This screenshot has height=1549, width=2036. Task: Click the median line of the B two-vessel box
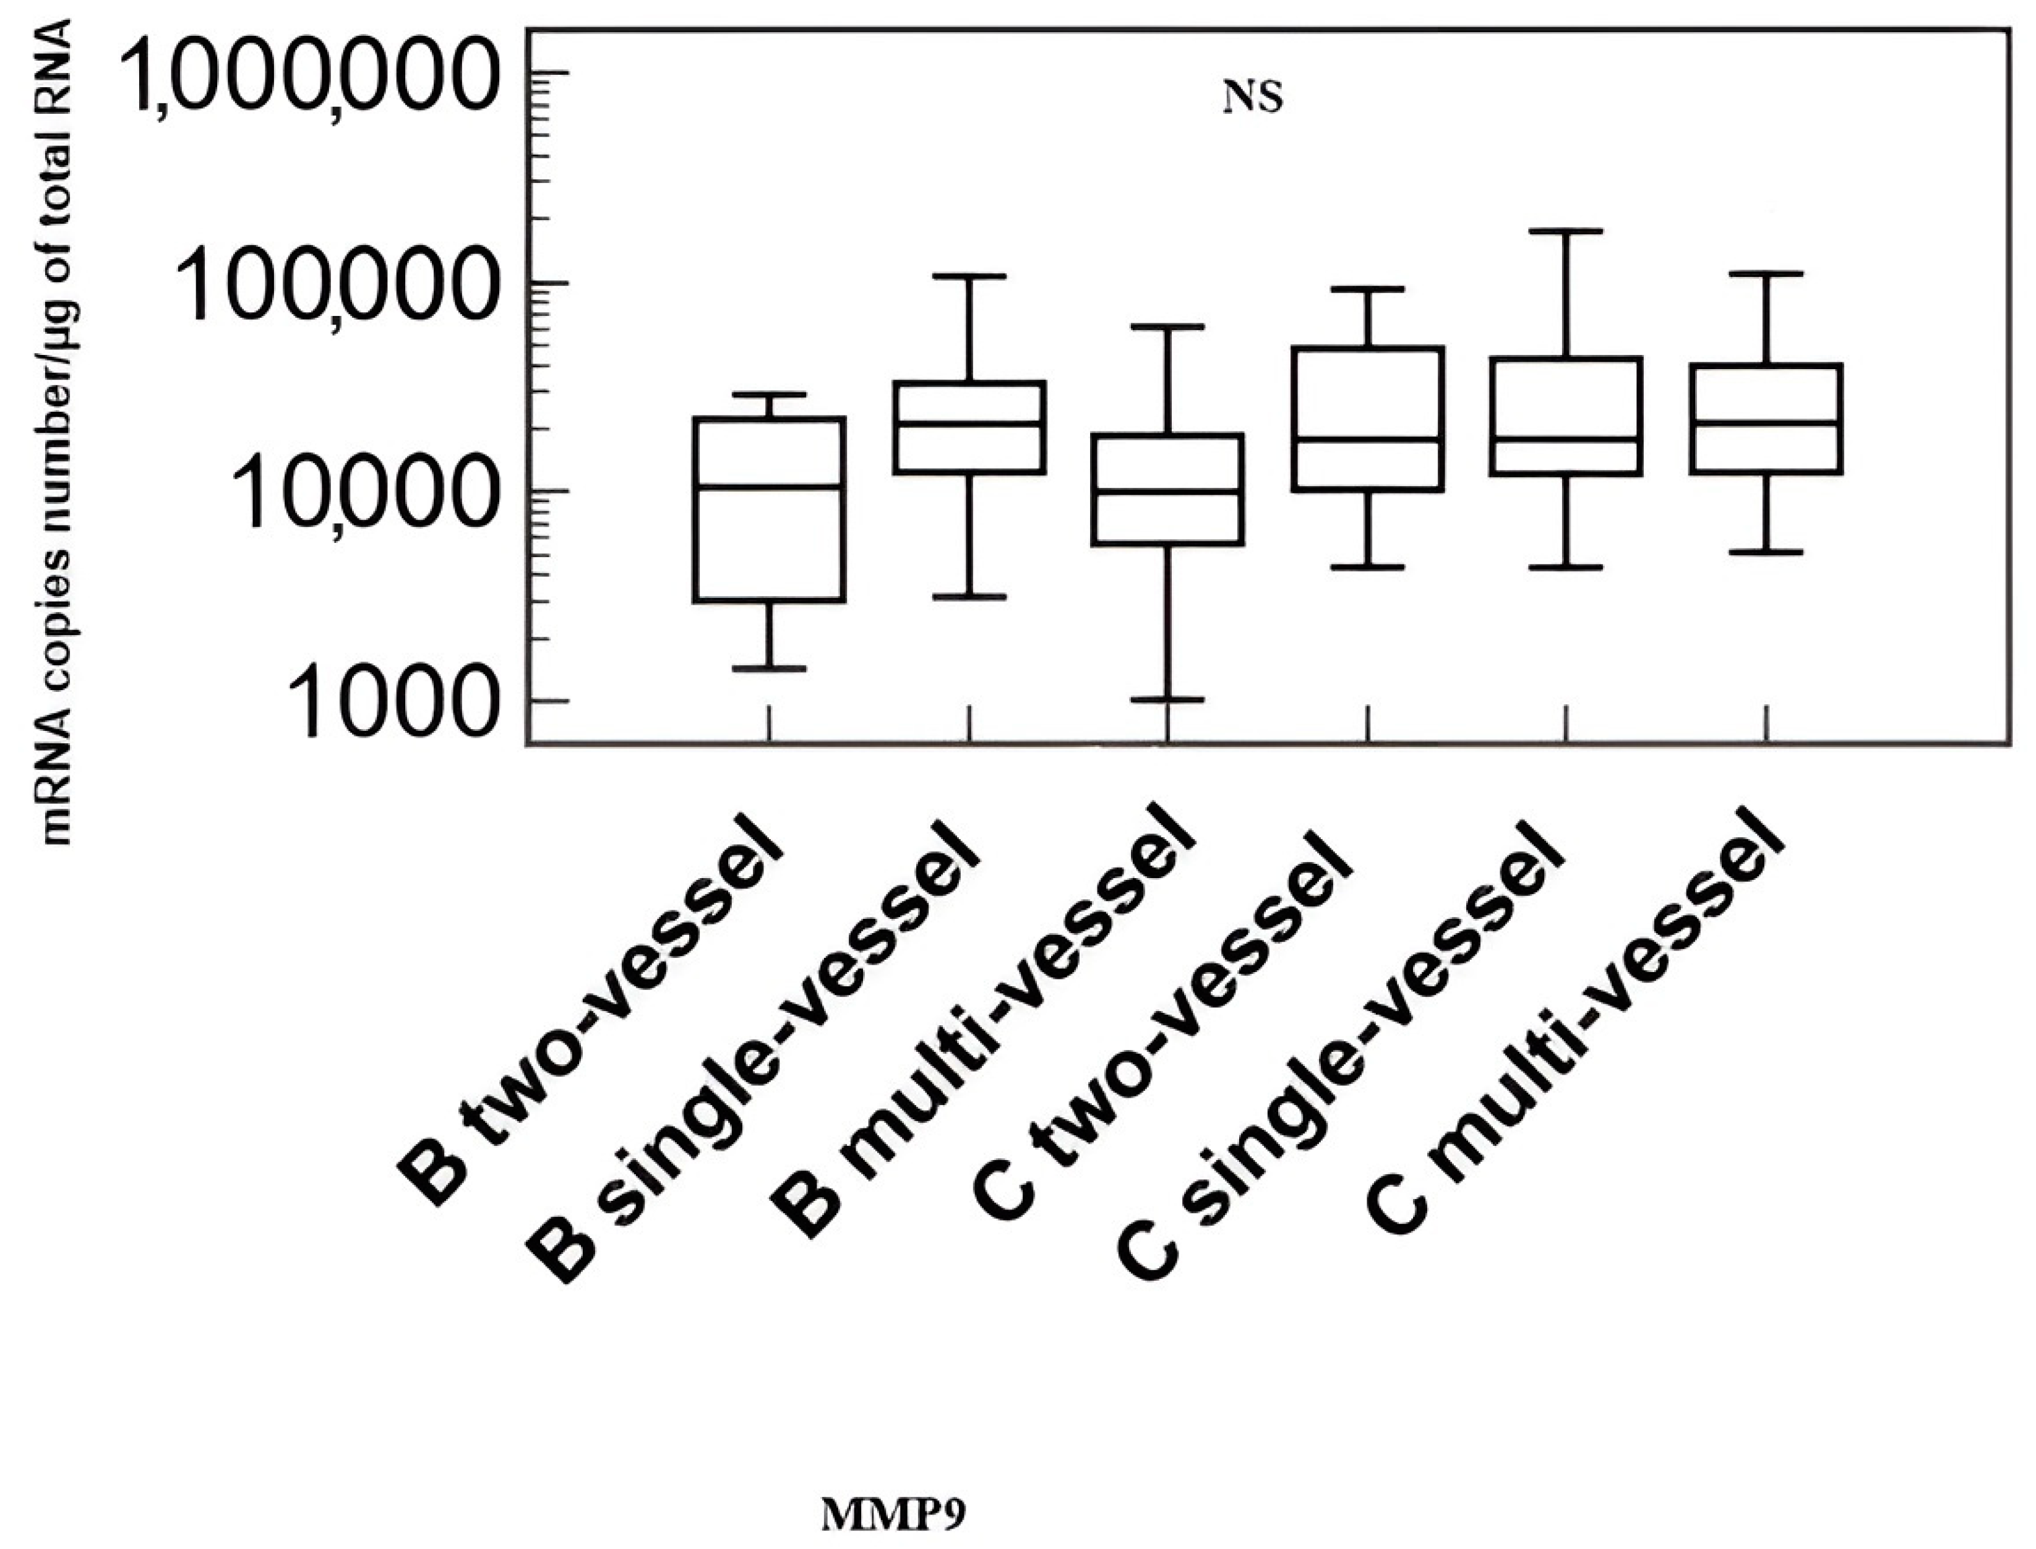(770, 486)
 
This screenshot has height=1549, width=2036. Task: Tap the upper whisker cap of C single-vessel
(1566, 231)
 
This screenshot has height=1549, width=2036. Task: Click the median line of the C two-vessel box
(1367, 439)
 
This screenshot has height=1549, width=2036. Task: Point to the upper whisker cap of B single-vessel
(969, 276)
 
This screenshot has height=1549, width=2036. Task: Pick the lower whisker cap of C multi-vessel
(1766, 552)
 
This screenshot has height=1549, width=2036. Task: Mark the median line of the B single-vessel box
(969, 423)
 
